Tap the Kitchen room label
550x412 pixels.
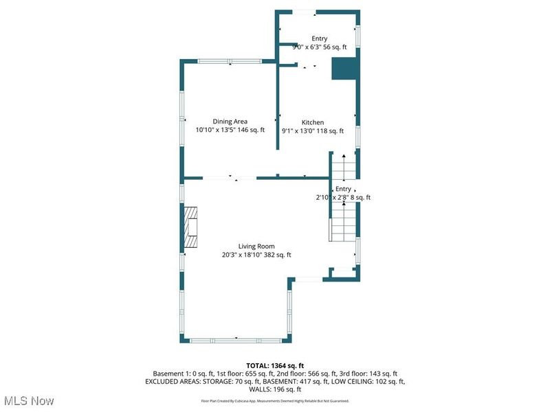(312, 122)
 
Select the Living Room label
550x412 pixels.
(256, 247)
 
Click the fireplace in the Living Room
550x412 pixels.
(190, 227)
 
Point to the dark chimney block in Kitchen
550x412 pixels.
(344, 69)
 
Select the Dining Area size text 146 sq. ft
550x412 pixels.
(251, 130)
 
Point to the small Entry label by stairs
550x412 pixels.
(343, 189)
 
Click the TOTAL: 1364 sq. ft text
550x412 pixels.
(275, 365)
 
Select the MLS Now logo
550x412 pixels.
(29, 400)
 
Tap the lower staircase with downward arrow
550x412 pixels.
(343, 223)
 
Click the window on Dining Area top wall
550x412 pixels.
(229, 61)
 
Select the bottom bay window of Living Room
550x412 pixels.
(236, 339)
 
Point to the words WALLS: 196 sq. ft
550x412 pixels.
(275, 389)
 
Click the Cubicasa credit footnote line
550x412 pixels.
(275, 401)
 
